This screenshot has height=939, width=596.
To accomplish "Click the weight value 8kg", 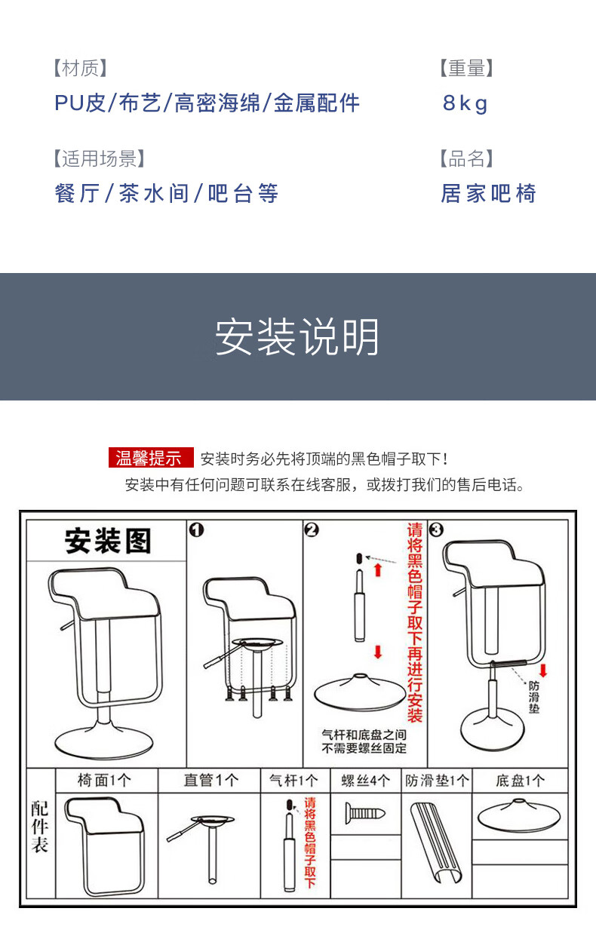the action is (x=465, y=103).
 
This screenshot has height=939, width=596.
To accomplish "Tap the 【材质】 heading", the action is (x=80, y=68).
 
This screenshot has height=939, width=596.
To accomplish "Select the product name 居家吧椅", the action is (x=488, y=194).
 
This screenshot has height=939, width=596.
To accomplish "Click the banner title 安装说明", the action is (x=297, y=337).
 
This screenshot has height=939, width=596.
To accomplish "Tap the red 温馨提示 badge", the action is (x=151, y=457).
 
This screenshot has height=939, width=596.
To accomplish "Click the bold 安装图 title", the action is (x=108, y=541).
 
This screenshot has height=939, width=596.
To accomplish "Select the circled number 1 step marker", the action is (x=196, y=530).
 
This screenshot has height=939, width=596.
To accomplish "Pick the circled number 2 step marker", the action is (x=312, y=530).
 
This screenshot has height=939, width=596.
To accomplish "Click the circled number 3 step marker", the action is (x=436, y=530).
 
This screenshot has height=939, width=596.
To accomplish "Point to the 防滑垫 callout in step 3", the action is (x=533, y=697).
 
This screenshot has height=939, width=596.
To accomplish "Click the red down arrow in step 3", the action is (x=543, y=670).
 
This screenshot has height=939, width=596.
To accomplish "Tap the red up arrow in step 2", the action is (x=378, y=570).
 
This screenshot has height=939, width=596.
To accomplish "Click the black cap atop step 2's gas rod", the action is (x=359, y=558).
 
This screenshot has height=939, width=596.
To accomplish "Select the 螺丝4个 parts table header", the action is (x=366, y=781).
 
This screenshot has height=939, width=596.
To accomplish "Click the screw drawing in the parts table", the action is (x=365, y=813).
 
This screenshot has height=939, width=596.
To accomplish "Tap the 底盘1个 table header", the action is (x=520, y=781).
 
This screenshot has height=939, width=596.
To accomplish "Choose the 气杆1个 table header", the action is (x=293, y=781).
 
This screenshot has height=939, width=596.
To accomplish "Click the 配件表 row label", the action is (x=40, y=827).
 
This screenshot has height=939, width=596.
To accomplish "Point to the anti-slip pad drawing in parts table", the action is (x=436, y=843).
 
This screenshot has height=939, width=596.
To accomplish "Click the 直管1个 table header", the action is (x=211, y=781).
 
